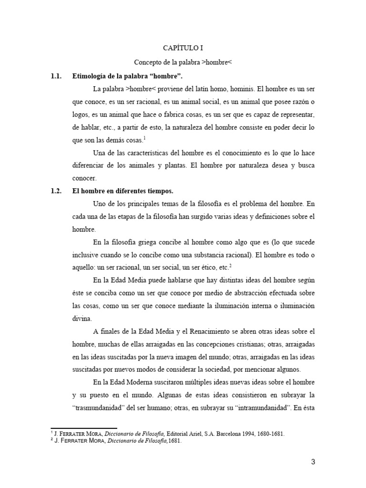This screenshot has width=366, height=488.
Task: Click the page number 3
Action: point(313,461)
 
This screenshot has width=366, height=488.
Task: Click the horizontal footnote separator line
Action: point(83,428)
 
